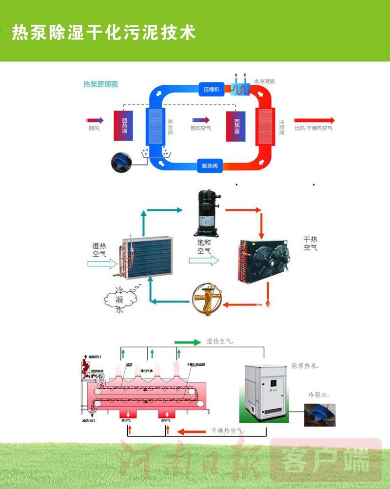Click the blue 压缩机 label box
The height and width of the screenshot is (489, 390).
[211, 89]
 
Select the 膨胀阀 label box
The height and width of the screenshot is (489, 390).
[210, 166]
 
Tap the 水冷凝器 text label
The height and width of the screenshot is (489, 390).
[265, 81]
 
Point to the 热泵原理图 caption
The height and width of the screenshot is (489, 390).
[101, 84]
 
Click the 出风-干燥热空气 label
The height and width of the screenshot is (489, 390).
[313, 129]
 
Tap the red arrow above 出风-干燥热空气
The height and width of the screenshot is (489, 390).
[314, 120]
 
